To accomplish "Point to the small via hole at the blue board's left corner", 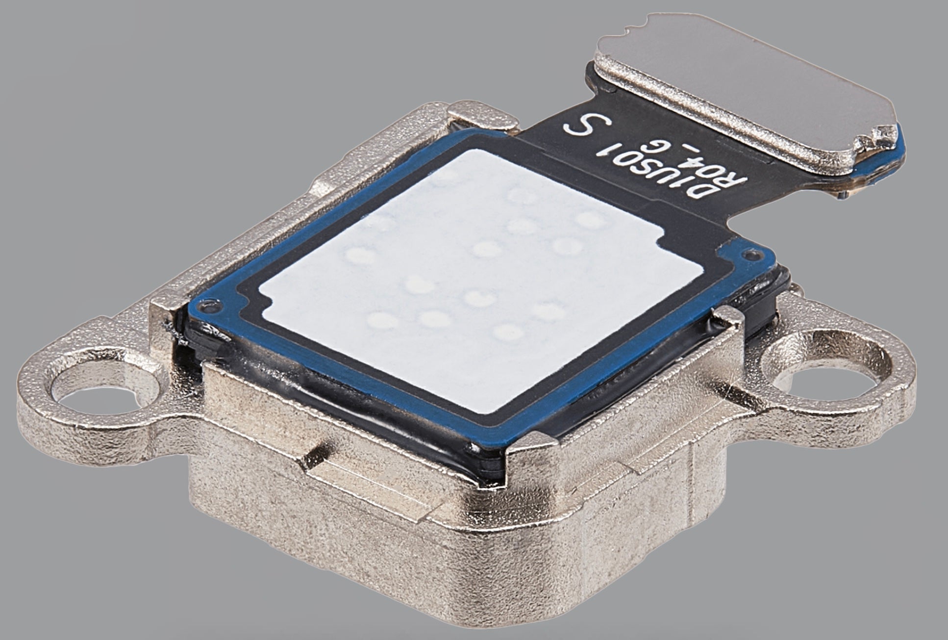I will coord(212,309).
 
